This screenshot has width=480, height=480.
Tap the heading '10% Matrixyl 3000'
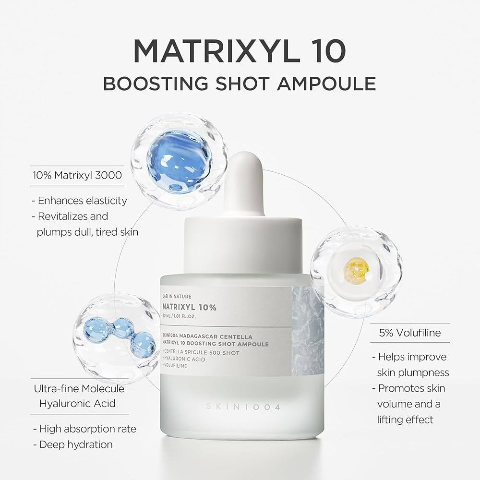click(77, 175)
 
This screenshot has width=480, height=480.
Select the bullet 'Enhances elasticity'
click(79, 201)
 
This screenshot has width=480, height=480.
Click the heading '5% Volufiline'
click(409, 332)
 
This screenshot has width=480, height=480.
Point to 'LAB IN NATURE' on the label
click(177, 297)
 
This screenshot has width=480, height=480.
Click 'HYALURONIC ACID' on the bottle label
click(184, 359)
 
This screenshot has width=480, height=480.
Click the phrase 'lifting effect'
click(405, 419)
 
